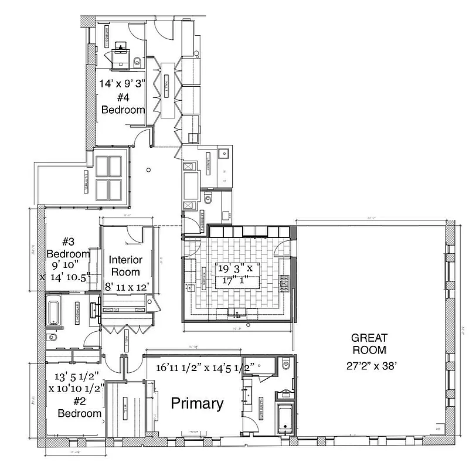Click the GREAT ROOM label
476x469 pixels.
coord(369,344)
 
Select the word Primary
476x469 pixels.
coord(197,403)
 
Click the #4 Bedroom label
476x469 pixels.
coord(123,105)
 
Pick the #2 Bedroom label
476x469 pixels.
coord(80,408)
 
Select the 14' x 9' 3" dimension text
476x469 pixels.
coord(123,83)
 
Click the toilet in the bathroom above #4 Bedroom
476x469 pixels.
coord(137,61)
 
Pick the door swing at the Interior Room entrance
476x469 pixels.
coord(135,235)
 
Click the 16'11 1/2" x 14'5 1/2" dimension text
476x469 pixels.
coord(205,368)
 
